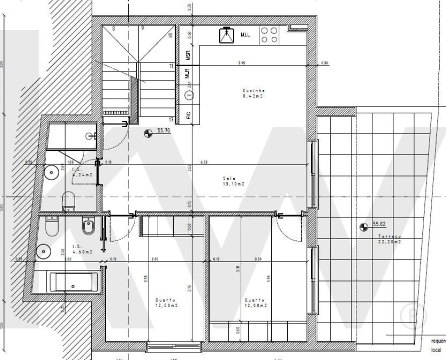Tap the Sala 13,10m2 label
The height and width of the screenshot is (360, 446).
pyautogui.click(x=233, y=180)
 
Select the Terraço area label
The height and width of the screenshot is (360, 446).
pyautogui.click(x=388, y=238)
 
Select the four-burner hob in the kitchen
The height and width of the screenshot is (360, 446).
pyautogui.click(x=269, y=34)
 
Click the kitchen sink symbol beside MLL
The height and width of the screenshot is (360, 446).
pyautogui.click(x=227, y=35)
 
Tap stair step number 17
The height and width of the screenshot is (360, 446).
pyautogui.click(x=171, y=119)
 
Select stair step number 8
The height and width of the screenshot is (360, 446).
pyautogui.click(x=113, y=28)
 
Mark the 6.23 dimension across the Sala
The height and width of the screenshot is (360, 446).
pyautogui.click(x=204, y=161)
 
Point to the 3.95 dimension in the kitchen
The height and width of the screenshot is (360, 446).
pyautogui.click(x=242, y=63)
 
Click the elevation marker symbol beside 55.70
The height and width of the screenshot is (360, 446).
pyautogui.click(x=148, y=133)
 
